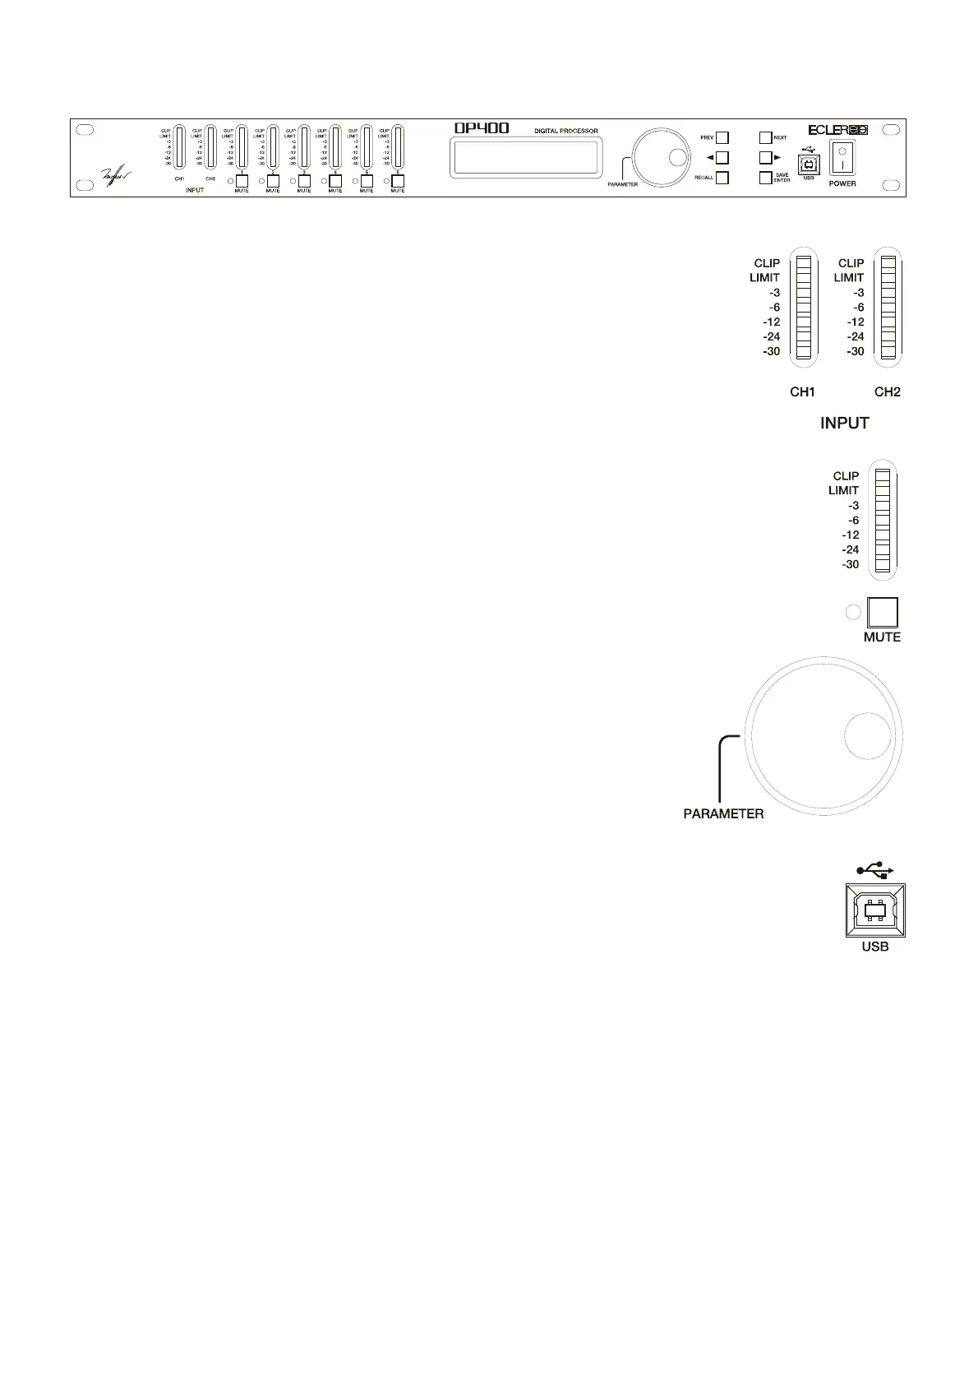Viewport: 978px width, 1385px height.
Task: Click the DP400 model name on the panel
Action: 482,128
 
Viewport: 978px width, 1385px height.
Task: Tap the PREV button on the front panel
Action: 722,138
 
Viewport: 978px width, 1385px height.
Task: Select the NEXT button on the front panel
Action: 765,138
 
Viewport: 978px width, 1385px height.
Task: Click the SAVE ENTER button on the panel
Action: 765,178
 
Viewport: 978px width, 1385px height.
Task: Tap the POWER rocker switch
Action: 842,158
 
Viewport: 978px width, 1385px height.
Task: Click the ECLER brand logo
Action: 837,129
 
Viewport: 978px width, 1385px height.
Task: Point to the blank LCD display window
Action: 526,156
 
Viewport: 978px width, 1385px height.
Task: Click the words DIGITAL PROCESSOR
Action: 566,131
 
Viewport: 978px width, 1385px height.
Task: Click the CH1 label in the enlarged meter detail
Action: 802,392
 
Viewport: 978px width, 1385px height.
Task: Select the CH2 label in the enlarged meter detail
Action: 888,392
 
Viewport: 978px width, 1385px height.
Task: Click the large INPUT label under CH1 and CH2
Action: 845,423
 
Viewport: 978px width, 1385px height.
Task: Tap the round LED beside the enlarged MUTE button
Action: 853,612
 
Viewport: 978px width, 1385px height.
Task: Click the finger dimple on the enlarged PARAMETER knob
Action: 867,735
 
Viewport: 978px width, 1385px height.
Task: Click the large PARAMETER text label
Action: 723,814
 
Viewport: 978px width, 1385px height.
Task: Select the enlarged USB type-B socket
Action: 875,910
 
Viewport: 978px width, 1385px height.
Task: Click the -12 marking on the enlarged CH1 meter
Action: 770,322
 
